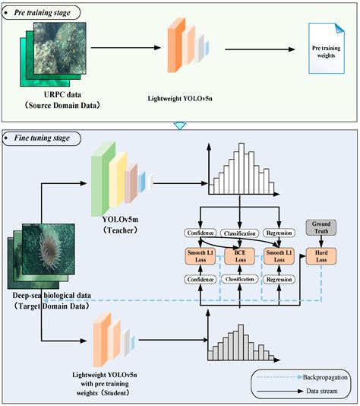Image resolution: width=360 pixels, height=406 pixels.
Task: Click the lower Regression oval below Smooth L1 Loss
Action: tap(279, 280)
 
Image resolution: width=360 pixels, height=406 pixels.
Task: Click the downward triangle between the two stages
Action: tap(180, 125)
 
